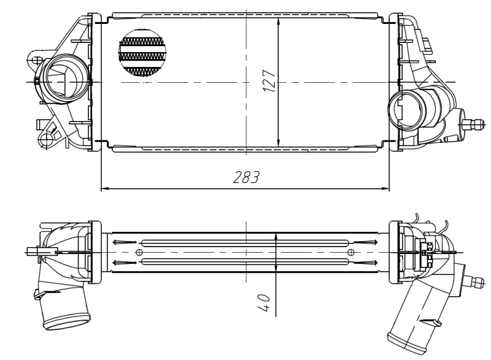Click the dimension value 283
(x=245, y=178)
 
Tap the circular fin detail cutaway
(x=142, y=54)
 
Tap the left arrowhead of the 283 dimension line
(x=103, y=188)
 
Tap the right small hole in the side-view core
(x=350, y=252)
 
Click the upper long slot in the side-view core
(x=245, y=242)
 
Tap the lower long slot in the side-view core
(x=245, y=262)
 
